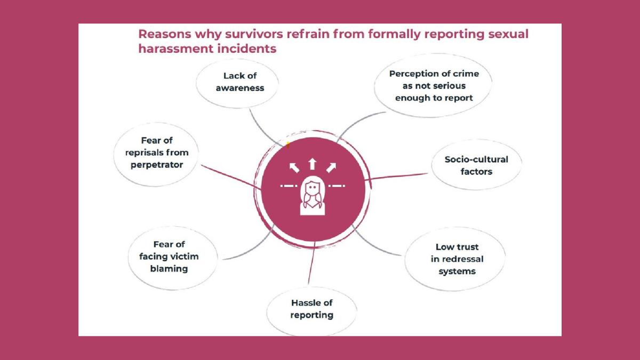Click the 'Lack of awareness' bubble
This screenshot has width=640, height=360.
(x=239, y=82)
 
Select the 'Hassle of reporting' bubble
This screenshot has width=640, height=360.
(x=311, y=309)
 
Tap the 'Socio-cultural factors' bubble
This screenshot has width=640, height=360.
(x=476, y=165)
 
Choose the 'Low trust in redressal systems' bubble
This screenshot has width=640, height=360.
(x=457, y=259)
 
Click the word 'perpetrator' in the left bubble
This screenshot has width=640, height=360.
(x=157, y=165)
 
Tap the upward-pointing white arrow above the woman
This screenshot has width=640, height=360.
(x=313, y=163)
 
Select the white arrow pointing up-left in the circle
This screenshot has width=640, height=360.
(x=294, y=168)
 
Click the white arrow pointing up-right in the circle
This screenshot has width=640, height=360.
(x=331, y=168)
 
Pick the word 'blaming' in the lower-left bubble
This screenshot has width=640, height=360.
(x=168, y=269)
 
